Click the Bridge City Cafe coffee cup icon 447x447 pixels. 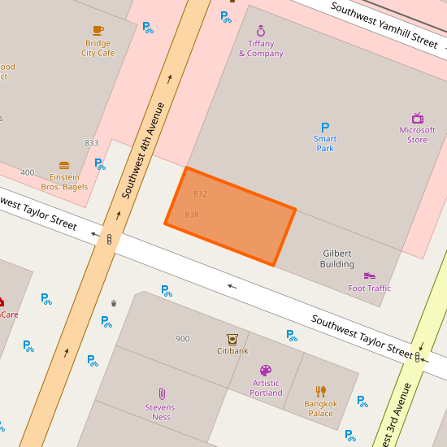pos(98,30)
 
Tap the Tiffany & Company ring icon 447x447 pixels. pos(261,31)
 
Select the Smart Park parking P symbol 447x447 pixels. pos(325,128)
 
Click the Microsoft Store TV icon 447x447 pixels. pos(418,118)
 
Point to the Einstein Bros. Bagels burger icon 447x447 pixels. pos(64,165)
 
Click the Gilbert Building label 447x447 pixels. pos(337,258)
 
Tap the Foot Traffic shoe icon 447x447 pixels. pos(370,276)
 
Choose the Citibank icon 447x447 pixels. pos(232,339)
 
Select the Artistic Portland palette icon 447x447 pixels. pos(266,371)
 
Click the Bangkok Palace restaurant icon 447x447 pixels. pos(321,391)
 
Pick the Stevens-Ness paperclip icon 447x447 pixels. pos(162,394)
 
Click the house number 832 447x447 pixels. pos(201,193)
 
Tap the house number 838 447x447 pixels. pos(192,215)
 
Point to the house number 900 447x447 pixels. pos(183,339)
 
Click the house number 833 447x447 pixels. pos(92,143)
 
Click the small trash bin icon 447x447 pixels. pos(114,303)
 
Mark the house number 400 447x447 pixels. pos(28,172)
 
